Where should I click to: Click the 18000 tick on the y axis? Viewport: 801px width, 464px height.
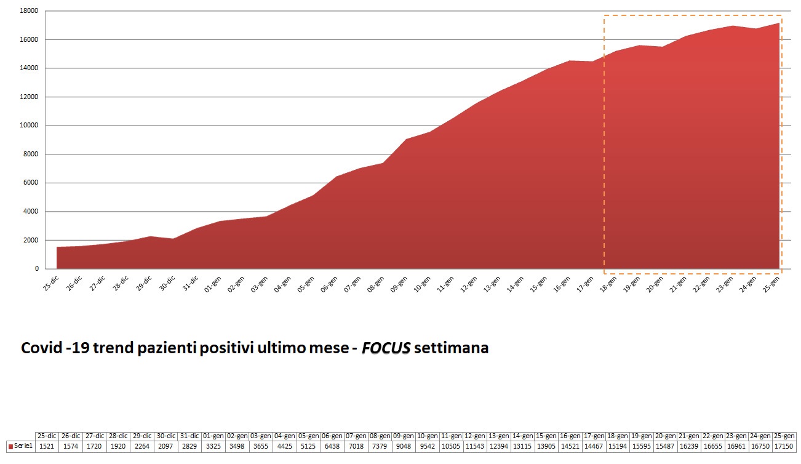point(29,11)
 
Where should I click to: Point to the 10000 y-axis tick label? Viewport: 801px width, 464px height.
point(29,126)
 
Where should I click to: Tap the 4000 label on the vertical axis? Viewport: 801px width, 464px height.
point(31,212)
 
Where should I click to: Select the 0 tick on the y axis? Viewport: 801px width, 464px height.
point(36,269)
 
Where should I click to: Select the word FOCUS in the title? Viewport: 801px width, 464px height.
point(386,348)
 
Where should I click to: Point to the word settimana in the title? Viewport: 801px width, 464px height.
point(452,348)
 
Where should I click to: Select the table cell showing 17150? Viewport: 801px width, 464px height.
point(784,446)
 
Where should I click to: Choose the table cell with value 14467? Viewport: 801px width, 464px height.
point(594,446)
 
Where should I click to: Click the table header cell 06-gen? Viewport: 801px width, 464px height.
point(332,436)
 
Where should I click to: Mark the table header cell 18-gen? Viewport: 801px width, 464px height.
point(618,436)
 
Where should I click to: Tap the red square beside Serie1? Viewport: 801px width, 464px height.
point(10,446)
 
